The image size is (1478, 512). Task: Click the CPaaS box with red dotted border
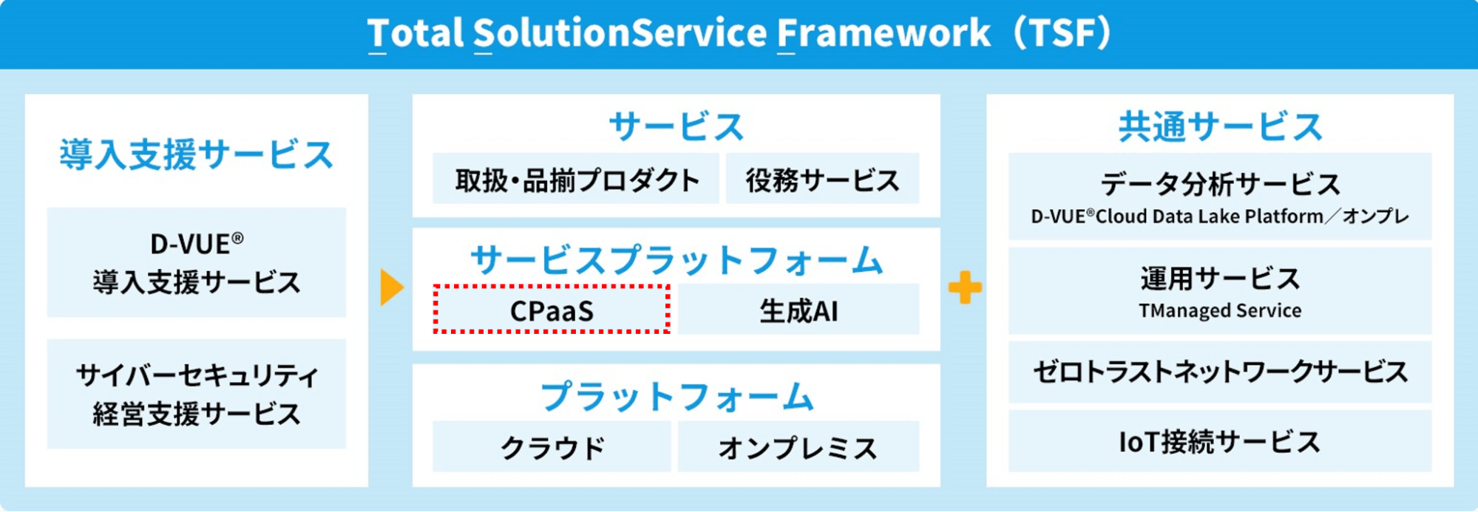tap(552, 310)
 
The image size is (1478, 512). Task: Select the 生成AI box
tap(799, 310)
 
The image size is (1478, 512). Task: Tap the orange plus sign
tap(965, 287)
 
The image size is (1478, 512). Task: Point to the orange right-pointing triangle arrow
tap(391, 287)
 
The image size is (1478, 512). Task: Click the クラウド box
tap(552, 447)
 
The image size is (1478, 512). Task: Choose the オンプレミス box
tap(799, 447)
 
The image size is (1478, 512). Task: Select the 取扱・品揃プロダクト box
tap(576, 180)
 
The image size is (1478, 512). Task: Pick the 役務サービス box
tap(822, 180)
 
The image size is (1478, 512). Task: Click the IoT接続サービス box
tap(1219, 442)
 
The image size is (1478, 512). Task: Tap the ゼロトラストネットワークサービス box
tap(1219, 372)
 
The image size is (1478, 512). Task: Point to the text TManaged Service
tap(1219, 310)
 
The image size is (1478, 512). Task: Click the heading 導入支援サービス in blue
tap(196, 154)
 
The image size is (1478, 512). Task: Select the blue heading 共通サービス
tap(1219, 126)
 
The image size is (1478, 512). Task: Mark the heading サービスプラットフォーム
tap(676, 260)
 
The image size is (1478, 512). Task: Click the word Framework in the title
tap(883, 33)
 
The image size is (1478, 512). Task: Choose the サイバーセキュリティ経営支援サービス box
tap(196, 394)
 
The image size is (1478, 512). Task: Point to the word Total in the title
tap(415, 33)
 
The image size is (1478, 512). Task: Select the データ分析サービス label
tap(1219, 183)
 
